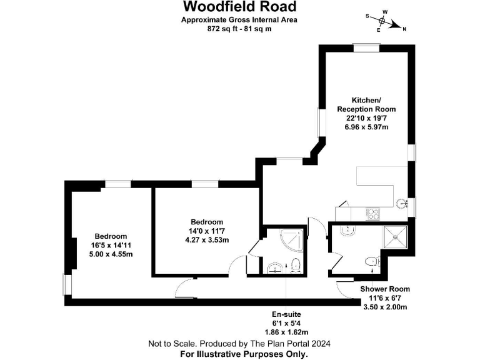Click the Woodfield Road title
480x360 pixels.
[239, 7]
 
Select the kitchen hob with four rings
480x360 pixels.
[373, 212]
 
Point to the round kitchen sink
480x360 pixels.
[402, 203]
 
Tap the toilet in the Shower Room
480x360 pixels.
[372, 263]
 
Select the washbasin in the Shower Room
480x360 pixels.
[346, 231]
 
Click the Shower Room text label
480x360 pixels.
[384, 289]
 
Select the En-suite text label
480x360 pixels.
[286, 314]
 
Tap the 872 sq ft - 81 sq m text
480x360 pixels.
[239, 28]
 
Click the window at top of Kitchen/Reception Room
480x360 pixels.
[366, 47]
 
